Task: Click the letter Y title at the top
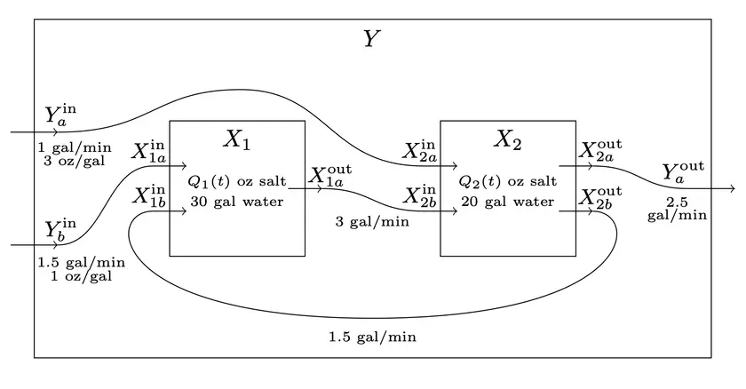372,39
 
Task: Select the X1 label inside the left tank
236,139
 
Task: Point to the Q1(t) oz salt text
236,181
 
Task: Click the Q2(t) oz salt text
507,181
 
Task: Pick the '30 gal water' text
236,202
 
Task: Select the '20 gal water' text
507,202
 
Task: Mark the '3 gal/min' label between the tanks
372,222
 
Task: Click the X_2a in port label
420,150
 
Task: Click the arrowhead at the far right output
731,188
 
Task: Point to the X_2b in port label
420,196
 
